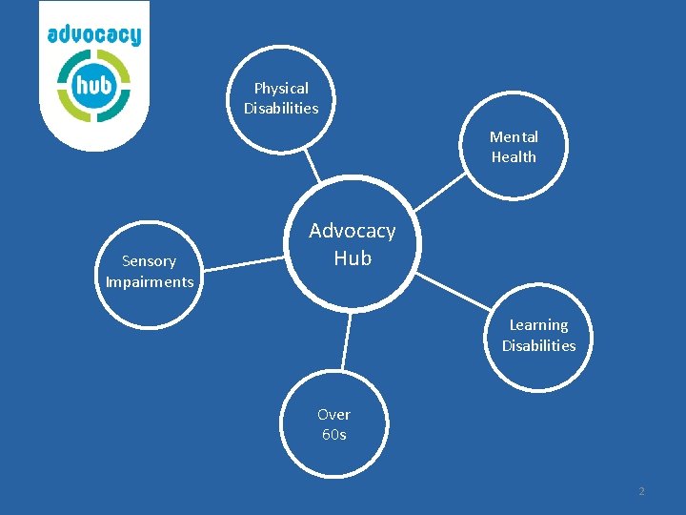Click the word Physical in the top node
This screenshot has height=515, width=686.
(x=281, y=88)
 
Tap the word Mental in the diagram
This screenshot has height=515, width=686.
(x=514, y=136)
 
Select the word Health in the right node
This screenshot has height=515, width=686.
(x=514, y=156)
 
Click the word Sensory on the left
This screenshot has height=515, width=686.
(x=149, y=260)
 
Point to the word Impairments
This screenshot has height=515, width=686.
(x=150, y=281)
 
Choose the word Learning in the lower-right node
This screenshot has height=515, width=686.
(x=538, y=324)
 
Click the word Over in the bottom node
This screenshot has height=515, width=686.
(x=333, y=414)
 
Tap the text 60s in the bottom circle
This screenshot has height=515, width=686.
(x=333, y=435)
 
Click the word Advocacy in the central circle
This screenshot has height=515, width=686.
(x=352, y=231)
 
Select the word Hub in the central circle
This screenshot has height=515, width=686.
(x=353, y=257)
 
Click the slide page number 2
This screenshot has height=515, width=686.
(x=641, y=491)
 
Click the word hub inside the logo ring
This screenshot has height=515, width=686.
(x=93, y=85)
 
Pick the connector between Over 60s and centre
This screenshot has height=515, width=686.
(x=347, y=340)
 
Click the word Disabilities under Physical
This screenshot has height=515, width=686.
(x=281, y=108)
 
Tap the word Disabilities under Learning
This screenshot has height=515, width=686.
(x=538, y=345)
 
